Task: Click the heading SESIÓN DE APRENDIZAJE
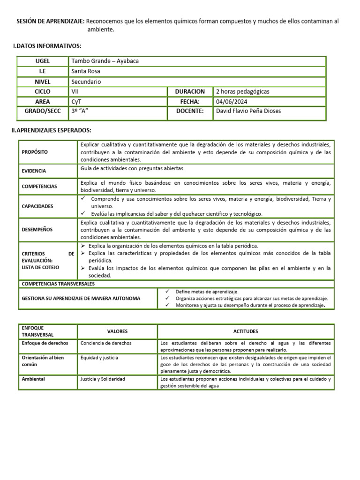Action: (x=51, y=21)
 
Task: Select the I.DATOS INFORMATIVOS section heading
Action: (x=47, y=45)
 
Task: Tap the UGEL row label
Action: (x=43, y=61)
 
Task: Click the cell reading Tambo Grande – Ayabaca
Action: (x=105, y=61)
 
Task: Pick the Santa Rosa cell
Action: (x=86, y=71)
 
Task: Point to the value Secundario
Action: (x=86, y=82)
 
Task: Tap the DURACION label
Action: (x=190, y=91)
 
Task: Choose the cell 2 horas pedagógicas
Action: (x=243, y=91)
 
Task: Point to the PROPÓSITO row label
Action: (x=35, y=152)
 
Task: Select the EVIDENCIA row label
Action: (x=34, y=171)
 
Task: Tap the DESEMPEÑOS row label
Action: (x=37, y=230)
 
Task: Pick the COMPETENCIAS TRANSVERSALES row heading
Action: (x=58, y=284)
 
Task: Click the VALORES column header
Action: (x=117, y=331)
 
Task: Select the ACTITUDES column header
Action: (x=246, y=331)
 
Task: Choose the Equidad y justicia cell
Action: (x=99, y=358)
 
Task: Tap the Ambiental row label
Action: (x=33, y=379)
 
